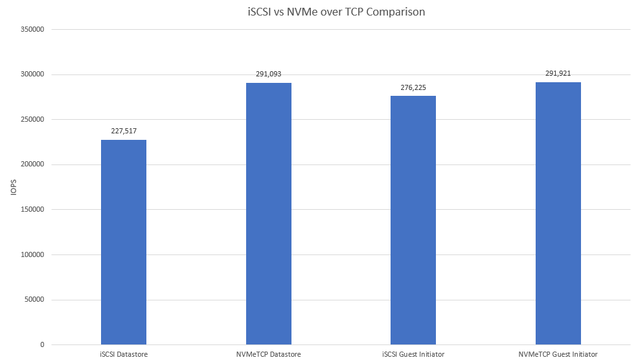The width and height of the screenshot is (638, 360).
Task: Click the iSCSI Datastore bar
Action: [124, 242]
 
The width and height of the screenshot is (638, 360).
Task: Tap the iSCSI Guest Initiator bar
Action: [413, 220]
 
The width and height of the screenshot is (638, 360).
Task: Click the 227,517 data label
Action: [124, 130]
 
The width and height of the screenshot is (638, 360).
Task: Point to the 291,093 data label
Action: [269, 74]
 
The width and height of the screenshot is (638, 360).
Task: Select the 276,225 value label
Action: [413, 87]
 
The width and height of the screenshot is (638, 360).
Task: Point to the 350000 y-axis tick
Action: [32, 29]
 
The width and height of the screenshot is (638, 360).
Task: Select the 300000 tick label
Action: [32, 74]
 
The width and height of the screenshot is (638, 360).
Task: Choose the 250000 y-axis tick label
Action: [32, 119]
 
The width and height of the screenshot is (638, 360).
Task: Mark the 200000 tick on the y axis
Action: [32, 164]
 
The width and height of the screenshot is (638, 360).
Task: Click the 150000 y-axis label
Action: [32, 210]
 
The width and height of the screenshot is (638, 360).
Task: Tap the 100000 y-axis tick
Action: [32, 254]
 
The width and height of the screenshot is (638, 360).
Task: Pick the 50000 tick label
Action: [34, 300]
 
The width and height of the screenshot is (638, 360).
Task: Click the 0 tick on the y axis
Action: [41, 345]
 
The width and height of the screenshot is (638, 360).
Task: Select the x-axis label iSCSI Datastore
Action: [124, 354]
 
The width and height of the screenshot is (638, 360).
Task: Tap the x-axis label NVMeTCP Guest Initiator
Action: [558, 354]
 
